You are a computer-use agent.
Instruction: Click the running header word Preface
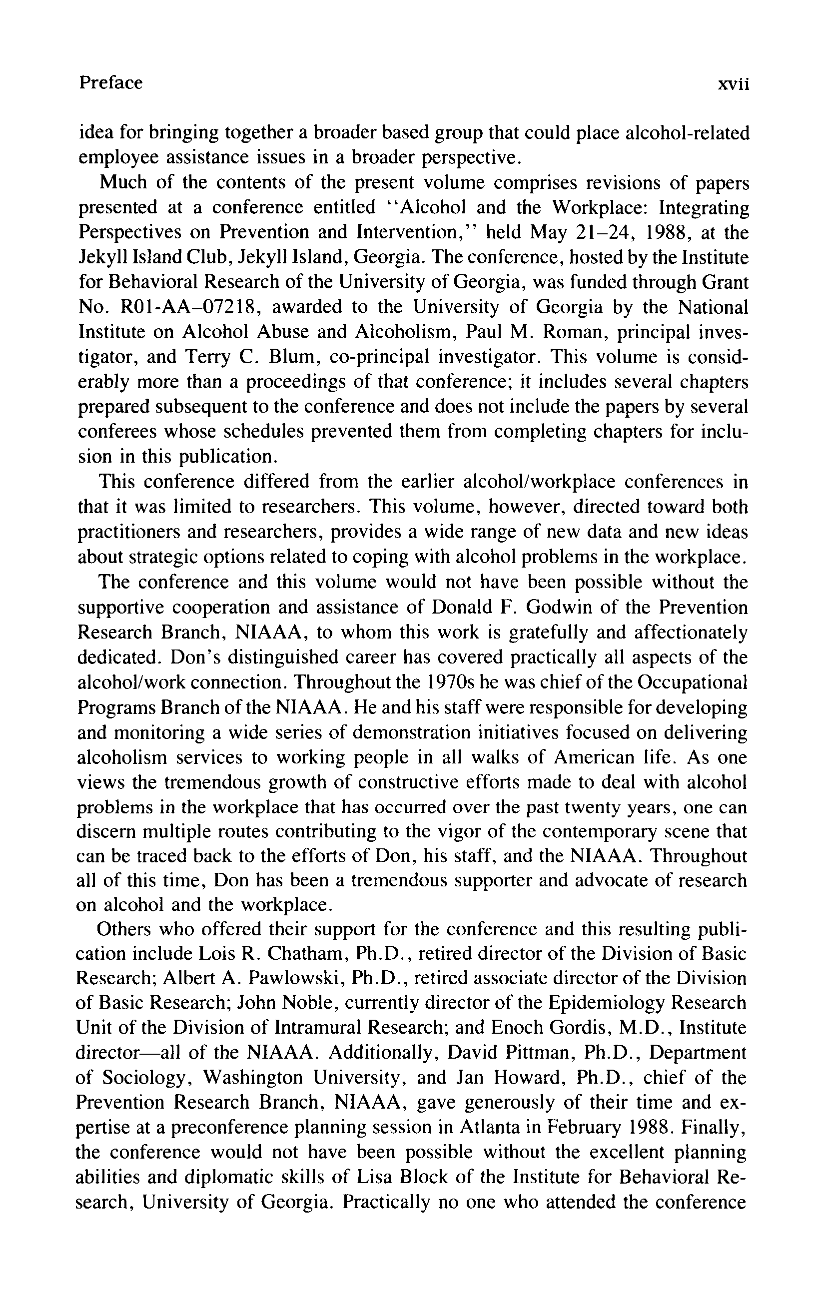(x=110, y=83)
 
